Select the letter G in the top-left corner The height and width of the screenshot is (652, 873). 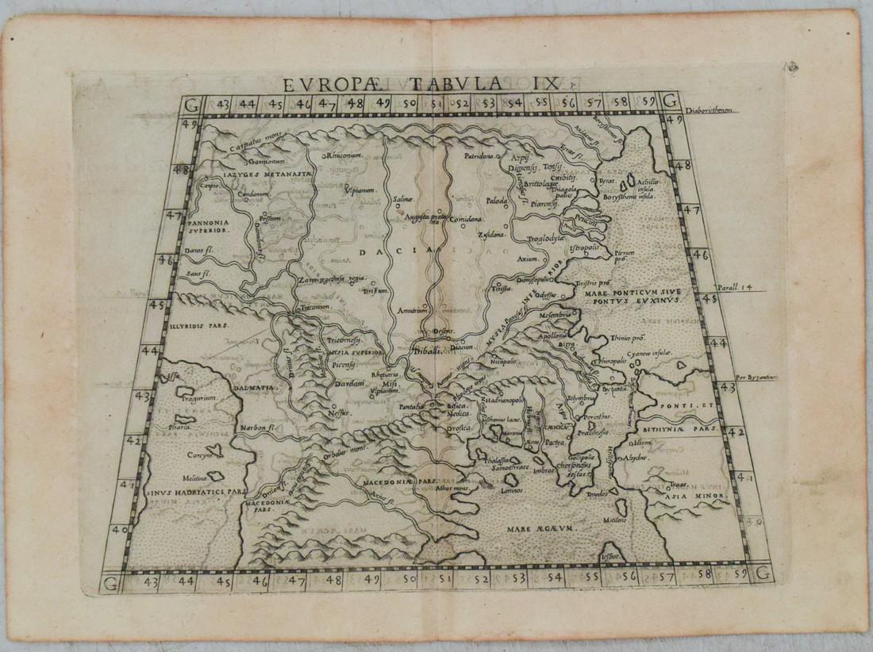[188, 103]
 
